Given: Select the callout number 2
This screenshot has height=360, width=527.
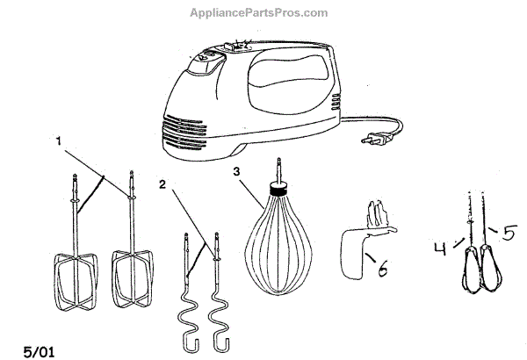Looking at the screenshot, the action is click(x=163, y=184).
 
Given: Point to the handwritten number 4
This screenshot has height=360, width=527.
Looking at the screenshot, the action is click(x=441, y=248).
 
